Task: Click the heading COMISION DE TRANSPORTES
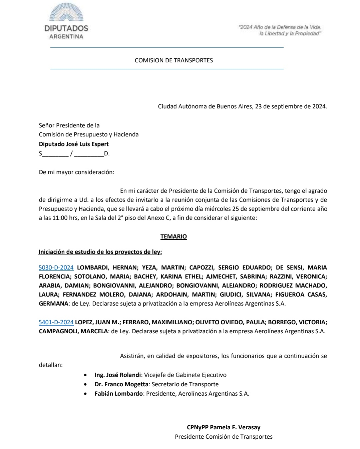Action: point(173,60)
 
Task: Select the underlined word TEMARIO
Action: point(173,237)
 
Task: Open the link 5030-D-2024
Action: point(56,268)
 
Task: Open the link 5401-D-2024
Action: point(56,322)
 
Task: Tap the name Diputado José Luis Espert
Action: point(74,144)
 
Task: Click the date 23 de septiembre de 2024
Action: point(291,107)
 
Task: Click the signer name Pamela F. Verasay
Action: point(235,427)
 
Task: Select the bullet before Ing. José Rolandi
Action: point(87,375)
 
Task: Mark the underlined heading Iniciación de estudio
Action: point(100,252)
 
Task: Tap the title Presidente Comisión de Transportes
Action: point(224,437)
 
